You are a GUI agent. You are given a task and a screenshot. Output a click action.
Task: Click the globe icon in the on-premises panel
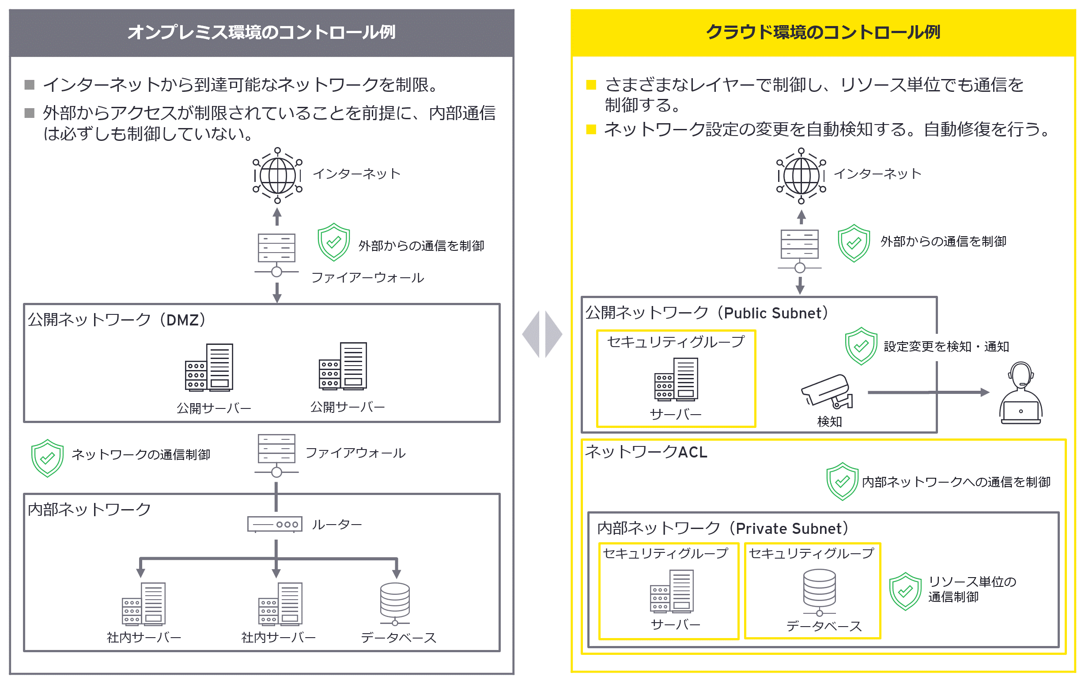(277, 175)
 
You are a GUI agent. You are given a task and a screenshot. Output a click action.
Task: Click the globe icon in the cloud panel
(801, 175)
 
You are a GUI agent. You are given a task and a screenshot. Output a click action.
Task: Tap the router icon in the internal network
(274, 524)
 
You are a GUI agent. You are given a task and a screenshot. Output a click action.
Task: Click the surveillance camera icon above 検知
(827, 391)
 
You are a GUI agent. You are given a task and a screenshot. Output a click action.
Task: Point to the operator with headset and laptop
(1021, 393)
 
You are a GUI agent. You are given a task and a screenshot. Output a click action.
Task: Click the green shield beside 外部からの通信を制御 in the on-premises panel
(333, 242)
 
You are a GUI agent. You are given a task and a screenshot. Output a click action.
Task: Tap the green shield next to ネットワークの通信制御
(47, 458)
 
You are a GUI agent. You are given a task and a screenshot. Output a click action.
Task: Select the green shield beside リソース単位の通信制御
(905, 592)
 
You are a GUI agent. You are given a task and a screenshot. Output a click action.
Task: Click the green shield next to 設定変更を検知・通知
(861, 346)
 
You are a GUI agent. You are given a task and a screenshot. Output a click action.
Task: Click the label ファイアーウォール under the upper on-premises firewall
(368, 278)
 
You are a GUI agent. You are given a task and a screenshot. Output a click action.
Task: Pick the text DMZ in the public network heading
(182, 320)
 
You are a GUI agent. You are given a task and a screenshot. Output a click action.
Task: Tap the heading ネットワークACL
(646, 451)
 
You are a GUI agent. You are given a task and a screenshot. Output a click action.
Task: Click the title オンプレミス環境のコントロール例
(261, 32)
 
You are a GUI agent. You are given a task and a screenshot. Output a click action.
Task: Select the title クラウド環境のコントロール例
(823, 32)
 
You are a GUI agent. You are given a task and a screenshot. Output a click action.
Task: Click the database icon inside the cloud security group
(819, 592)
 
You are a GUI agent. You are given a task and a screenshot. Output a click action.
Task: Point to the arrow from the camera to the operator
(928, 393)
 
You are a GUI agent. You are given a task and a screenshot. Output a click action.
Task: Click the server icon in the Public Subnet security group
(676, 379)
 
